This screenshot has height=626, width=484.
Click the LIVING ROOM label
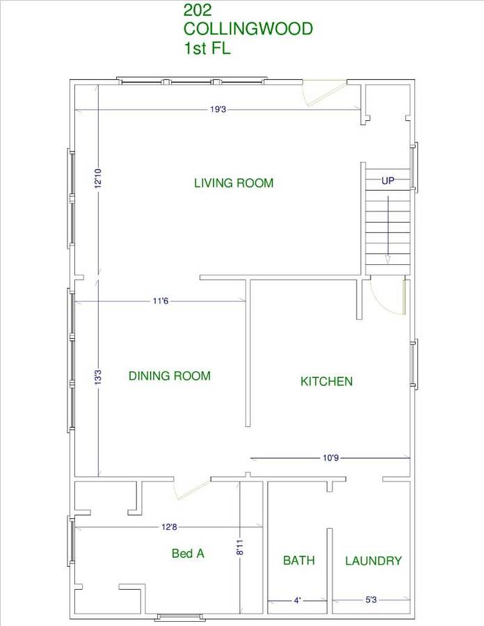234,183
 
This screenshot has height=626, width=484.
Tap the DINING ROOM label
170,376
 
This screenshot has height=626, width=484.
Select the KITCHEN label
326,381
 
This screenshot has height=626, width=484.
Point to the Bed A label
188,554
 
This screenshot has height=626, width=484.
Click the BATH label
299,561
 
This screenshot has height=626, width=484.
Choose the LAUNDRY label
373,561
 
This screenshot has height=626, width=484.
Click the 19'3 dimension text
218,109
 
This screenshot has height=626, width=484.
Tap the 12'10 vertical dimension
98,178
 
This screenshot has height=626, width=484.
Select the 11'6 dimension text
161,300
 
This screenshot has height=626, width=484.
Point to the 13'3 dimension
98,377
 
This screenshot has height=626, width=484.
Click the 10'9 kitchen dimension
331,458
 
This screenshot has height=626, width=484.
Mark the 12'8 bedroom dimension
169,527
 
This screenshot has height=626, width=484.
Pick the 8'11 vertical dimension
239,547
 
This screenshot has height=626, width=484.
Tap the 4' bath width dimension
297,600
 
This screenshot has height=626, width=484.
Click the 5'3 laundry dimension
371,600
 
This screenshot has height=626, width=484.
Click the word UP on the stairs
388,181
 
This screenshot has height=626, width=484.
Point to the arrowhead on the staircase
387,259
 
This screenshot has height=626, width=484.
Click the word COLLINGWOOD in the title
248,29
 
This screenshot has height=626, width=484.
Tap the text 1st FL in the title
207,48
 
